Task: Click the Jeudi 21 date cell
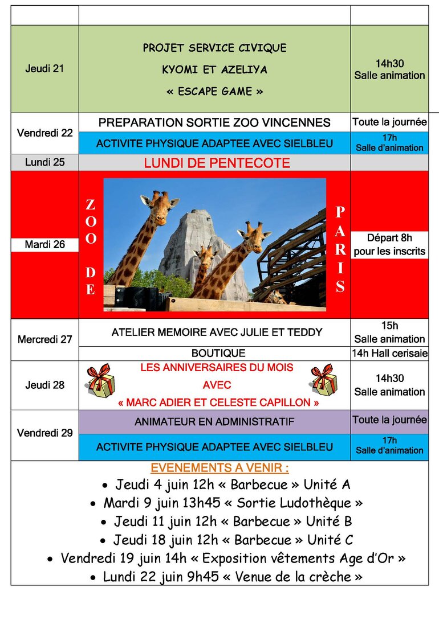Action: tap(44, 69)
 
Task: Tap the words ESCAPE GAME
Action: tap(214, 91)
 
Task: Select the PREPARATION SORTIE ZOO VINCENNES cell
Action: tap(214, 122)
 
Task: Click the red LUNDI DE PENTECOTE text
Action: tap(217, 163)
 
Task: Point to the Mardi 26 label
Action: tap(44, 245)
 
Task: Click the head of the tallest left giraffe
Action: tap(161, 203)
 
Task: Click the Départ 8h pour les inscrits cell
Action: tap(389, 244)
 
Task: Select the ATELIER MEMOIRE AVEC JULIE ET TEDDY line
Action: tap(217, 332)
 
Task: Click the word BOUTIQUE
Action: tap(218, 354)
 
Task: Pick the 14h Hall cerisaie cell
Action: tap(389, 354)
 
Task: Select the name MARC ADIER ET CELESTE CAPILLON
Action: tap(218, 403)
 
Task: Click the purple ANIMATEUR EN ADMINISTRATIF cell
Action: tap(214, 422)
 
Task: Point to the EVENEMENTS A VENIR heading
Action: tap(219, 469)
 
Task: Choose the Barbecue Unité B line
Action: tap(226, 522)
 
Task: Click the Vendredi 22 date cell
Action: tap(44, 133)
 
